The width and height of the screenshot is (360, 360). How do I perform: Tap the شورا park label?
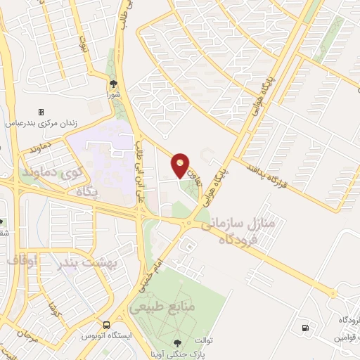tap(114, 94)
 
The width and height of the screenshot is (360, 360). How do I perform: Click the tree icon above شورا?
tap(114, 84)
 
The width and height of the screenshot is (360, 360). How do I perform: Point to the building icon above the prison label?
tap(41, 112)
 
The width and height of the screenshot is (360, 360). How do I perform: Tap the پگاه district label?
tap(93, 190)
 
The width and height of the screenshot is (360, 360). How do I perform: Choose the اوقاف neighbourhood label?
tap(22, 260)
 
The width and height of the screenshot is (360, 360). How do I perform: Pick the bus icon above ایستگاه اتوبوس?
tap(106, 326)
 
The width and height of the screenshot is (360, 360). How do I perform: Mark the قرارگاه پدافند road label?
tap(278, 176)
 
